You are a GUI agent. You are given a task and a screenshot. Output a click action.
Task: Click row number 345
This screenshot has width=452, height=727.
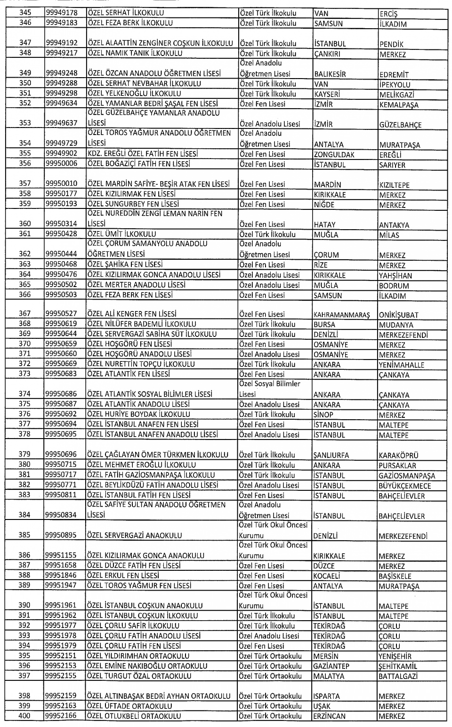pyautogui.click(x=25, y=13)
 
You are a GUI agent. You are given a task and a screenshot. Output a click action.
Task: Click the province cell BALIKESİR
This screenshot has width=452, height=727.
pyautogui.click(x=330, y=74)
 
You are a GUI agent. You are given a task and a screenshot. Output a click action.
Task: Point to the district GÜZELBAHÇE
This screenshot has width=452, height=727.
pyautogui.click(x=400, y=125)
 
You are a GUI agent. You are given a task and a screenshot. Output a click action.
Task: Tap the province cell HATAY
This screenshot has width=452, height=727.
pyautogui.click(x=325, y=225)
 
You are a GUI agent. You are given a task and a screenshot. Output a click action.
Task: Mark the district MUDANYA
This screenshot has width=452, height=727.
pyautogui.click(x=396, y=325)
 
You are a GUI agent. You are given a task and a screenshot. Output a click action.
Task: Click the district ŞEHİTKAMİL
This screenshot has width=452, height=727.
pyautogui.click(x=398, y=666)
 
